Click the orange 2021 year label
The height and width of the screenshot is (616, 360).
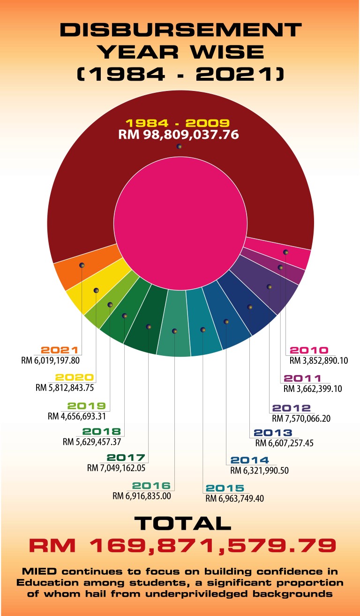tap(59, 350)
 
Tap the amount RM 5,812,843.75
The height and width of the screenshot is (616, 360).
tap(66, 388)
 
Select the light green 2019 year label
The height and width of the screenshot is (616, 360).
tap(86, 406)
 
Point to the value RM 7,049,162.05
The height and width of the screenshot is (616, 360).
tap(116, 467)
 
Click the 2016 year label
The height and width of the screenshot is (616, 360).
tap(151, 486)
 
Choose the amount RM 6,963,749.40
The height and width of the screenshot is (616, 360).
tap(234, 498)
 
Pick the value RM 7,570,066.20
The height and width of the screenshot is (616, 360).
tap(301, 418)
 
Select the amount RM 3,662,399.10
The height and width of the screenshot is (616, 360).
tap(313, 389)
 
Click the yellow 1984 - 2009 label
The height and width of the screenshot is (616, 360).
tap(177, 124)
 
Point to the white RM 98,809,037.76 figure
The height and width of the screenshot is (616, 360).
tap(179, 135)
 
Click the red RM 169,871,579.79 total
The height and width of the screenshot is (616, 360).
tap(182, 546)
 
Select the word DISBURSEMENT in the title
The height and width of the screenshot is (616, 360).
tap(180, 30)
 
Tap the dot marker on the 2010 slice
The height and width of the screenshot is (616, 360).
tap(285, 252)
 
